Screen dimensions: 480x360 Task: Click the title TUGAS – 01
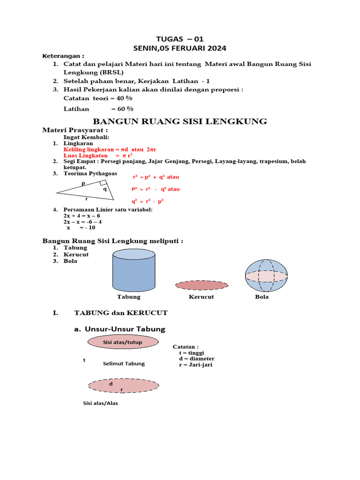pyautogui.click(x=180, y=39)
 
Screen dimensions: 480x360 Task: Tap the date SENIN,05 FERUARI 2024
pyautogui.click(x=180, y=48)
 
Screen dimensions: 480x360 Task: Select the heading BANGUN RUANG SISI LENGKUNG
pyautogui.click(x=180, y=121)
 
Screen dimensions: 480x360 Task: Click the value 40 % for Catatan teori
pyautogui.click(x=124, y=98)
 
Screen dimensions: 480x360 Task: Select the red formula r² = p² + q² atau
pyautogui.click(x=156, y=177)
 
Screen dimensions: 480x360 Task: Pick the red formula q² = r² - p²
pyautogui.click(x=147, y=201)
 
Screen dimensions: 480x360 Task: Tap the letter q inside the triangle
pyautogui.click(x=105, y=189)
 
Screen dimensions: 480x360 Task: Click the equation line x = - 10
pyautogui.click(x=81, y=227)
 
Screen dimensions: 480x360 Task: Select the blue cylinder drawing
pyautogui.click(x=134, y=271)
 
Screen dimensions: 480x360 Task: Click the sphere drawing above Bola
pyautogui.click(x=265, y=275)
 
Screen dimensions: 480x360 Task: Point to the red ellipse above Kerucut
pyautogui.click(x=202, y=285)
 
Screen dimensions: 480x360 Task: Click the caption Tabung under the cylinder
pyautogui.click(x=129, y=297)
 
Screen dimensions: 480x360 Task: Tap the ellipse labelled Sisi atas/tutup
pyautogui.click(x=122, y=342)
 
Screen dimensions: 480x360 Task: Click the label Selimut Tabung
pyautogui.click(x=124, y=363)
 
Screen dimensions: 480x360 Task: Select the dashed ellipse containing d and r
pyautogui.click(x=123, y=385)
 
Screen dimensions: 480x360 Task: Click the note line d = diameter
pyautogui.click(x=196, y=359)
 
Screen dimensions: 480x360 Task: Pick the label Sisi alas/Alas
pyautogui.click(x=100, y=403)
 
